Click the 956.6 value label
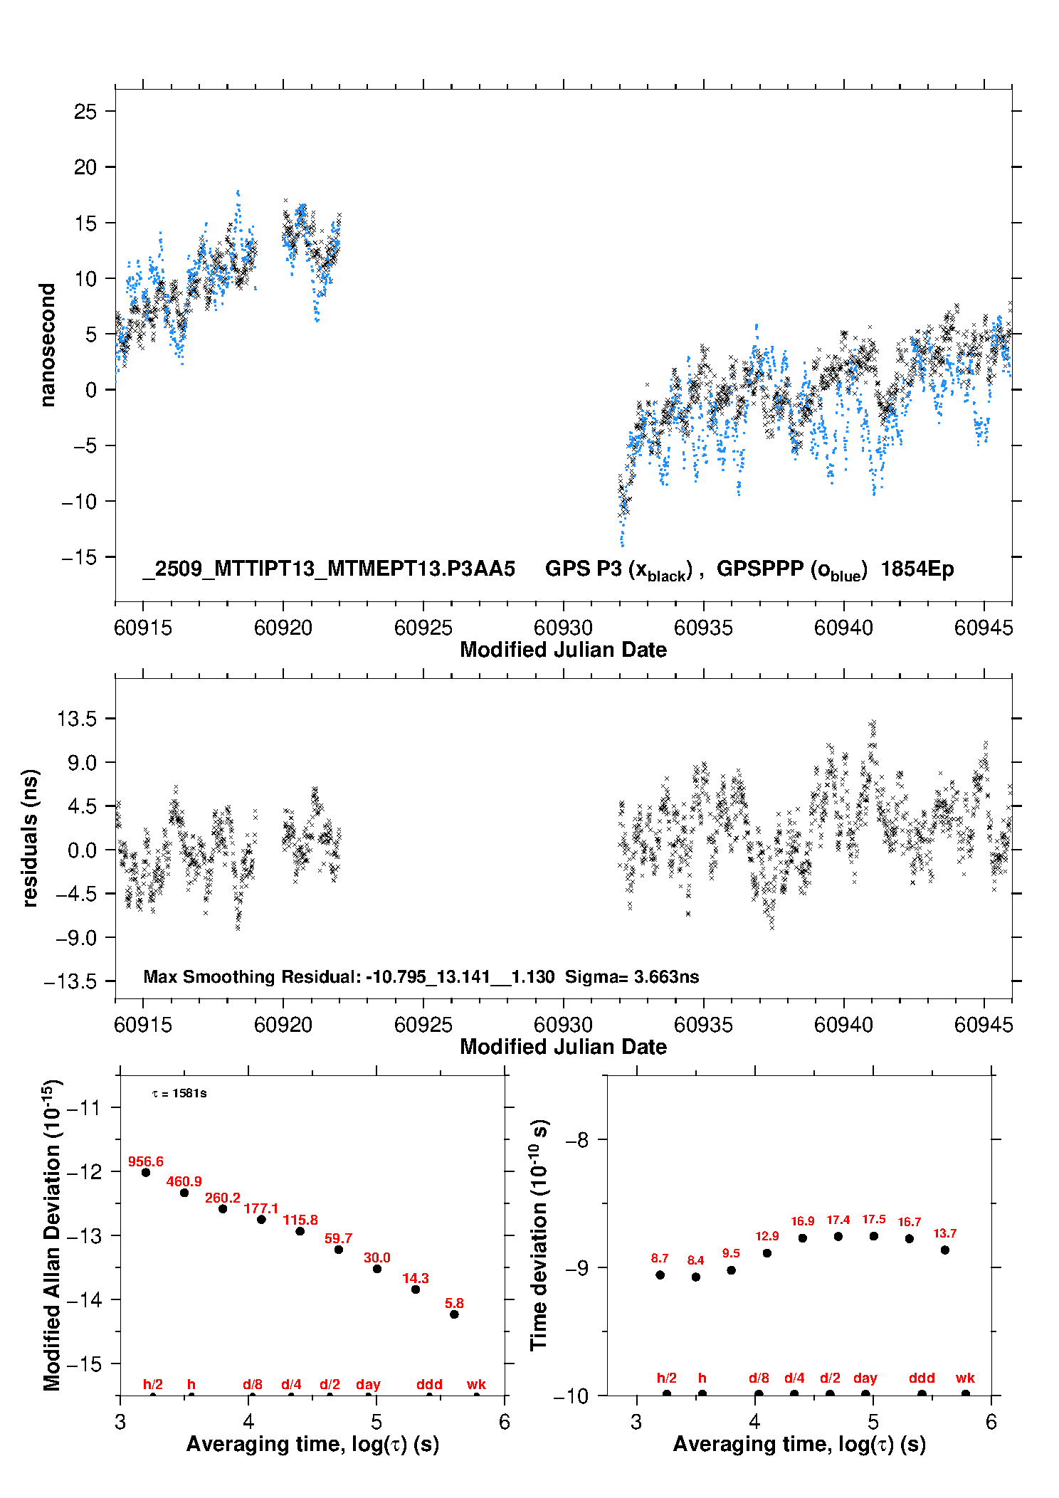pyautogui.click(x=145, y=1161)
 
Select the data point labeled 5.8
pyautogui.click(x=454, y=1314)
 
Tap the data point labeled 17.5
pyautogui.click(x=874, y=1236)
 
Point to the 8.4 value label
pyautogui.click(x=695, y=1260)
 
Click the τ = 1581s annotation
pyautogui.click(x=179, y=1093)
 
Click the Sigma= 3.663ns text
pyautogui.click(x=632, y=976)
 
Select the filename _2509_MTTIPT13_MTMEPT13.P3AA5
pyautogui.click(x=329, y=569)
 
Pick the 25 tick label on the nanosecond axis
pyautogui.click(x=85, y=111)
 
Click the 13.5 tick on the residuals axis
pyautogui.click(x=77, y=719)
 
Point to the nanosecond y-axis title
pyautogui.click(x=47, y=345)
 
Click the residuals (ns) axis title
pyautogui.click(x=30, y=838)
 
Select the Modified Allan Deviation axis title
pyautogui.click(x=51, y=1235)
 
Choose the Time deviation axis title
pyautogui.click(x=539, y=1235)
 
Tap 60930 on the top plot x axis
pyautogui.click(x=563, y=628)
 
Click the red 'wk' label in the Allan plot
pyautogui.click(x=476, y=1384)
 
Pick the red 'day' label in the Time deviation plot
pyautogui.click(x=865, y=1378)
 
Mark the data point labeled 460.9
pyautogui.click(x=184, y=1193)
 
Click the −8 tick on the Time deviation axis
pyautogui.click(x=576, y=1140)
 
